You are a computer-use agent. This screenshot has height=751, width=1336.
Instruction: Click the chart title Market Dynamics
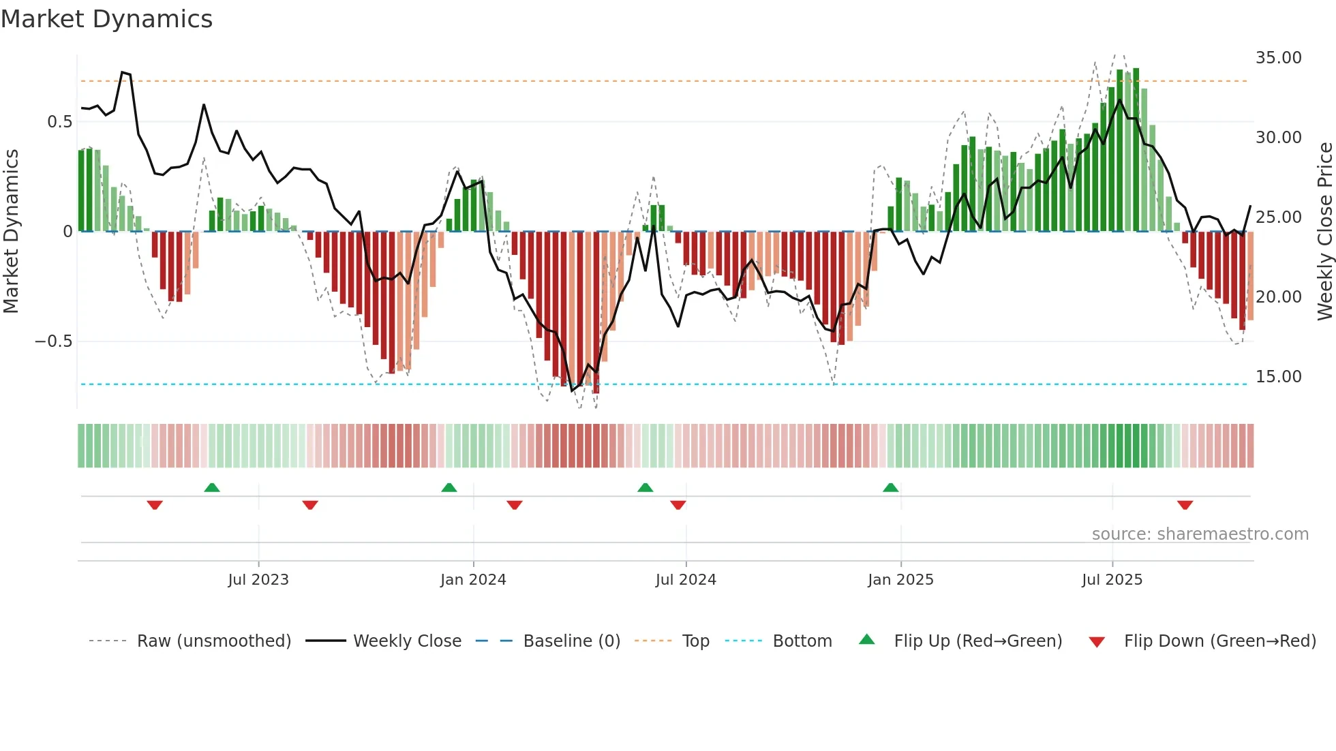click(x=107, y=19)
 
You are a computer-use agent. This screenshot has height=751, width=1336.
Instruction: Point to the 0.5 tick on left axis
click(x=59, y=122)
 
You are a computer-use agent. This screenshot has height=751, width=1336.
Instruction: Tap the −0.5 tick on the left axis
click(x=53, y=341)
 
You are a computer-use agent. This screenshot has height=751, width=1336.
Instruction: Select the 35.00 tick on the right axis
click(x=1278, y=58)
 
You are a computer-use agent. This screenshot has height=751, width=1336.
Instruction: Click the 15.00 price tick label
click(x=1278, y=377)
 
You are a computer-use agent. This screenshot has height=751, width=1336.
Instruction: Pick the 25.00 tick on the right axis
click(x=1278, y=217)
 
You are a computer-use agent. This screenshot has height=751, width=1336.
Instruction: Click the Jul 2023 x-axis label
click(x=258, y=580)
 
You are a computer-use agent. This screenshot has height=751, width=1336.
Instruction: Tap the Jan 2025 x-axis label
click(x=900, y=580)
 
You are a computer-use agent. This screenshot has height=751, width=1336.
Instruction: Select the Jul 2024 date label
click(x=686, y=580)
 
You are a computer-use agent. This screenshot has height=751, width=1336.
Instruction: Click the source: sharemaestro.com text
click(x=1200, y=534)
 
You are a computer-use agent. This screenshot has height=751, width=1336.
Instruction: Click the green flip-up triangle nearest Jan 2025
click(x=890, y=487)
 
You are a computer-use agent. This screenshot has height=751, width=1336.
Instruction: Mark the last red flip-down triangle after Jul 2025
click(x=1185, y=505)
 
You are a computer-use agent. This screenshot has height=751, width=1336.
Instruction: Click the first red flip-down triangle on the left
click(x=155, y=505)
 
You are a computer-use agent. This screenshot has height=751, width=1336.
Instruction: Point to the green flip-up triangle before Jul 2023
click(x=212, y=487)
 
